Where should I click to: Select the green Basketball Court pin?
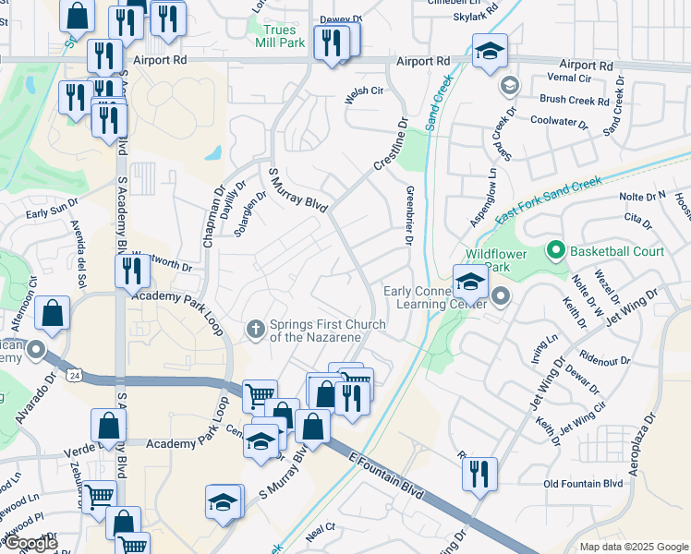tap(555, 250)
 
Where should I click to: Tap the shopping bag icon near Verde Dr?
tap(109, 427)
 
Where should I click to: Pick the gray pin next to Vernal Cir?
tap(507, 86)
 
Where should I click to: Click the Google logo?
tap(30, 543)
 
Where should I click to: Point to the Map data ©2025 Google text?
tap(633, 547)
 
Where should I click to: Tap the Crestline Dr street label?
tap(391, 148)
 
